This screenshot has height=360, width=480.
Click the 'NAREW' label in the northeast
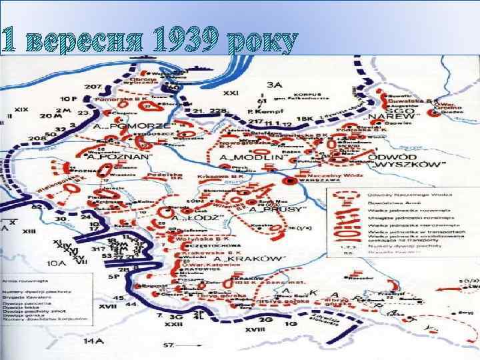point(399,115)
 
